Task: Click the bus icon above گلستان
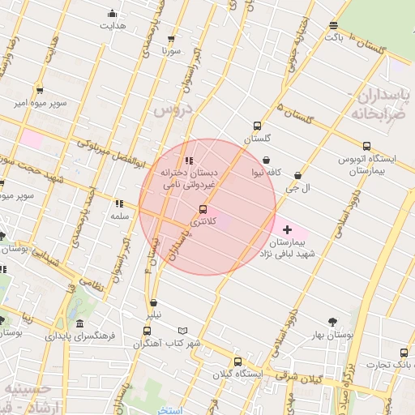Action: click(x=258, y=126)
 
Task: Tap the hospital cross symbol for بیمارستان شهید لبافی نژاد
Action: click(x=288, y=231)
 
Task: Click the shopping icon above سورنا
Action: click(x=171, y=39)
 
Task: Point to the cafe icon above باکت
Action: click(x=334, y=26)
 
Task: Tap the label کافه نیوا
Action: click(x=289, y=172)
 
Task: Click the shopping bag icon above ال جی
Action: click(x=298, y=174)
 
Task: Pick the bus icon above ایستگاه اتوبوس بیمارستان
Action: click(x=366, y=147)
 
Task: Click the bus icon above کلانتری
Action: click(x=203, y=209)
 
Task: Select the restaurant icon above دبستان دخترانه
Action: click(x=189, y=160)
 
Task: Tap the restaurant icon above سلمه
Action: click(x=119, y=203)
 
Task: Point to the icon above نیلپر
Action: click(x=153, y=303)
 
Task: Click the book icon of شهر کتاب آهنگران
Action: click(x=184, y=331)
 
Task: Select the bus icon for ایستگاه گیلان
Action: click(x=237, y=362)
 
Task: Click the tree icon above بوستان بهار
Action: click(x=332, y=321)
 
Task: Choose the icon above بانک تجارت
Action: click(x=404, y=353)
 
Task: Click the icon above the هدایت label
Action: click(x=112, y=14)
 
